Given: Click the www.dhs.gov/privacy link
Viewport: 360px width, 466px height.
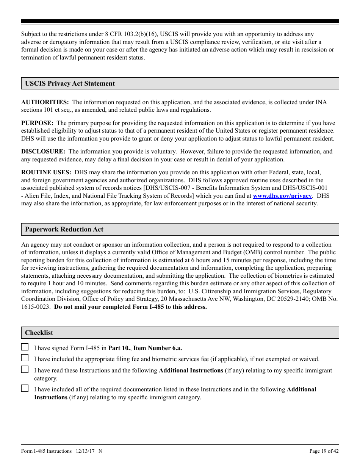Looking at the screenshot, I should [x=282, y=196].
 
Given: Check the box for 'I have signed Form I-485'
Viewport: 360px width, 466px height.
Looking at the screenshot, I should [x=25, y=347].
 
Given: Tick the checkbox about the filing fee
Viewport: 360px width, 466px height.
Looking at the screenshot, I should [x=25, y=358].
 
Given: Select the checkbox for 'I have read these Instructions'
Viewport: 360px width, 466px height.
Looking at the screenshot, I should [x=25, y=369].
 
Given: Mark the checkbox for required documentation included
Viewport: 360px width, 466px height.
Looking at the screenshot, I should [x=25, y=388].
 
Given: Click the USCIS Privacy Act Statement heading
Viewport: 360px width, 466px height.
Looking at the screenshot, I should [x=70, y=83].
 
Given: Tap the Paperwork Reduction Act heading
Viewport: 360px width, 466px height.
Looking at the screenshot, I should [x=64, y=229].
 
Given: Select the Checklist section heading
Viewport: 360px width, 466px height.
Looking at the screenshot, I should [x=39, y=333].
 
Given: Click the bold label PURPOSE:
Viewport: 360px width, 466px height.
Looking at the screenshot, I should [x=37, y=123].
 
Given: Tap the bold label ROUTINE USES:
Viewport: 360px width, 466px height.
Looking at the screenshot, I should [x=46, y=172].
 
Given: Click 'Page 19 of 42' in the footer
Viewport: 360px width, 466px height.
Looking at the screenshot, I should [x=324, y=451].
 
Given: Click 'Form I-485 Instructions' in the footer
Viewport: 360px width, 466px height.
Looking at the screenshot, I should [x=46, y=451].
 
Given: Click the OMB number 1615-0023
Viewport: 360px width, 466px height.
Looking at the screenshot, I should [x=36, y=307].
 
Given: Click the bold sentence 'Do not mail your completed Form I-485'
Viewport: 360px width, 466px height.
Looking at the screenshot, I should [x=131, y=307].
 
